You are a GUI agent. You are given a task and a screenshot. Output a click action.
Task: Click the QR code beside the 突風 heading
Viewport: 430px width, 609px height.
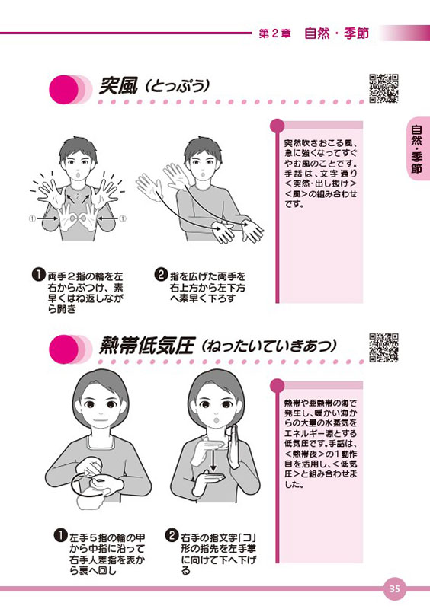click(x=383, y=88)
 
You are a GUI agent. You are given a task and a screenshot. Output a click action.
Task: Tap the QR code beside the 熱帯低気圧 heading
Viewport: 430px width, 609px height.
click(x=383, y=348)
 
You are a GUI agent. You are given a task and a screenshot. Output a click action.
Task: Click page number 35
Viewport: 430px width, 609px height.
click(x=395, y=588)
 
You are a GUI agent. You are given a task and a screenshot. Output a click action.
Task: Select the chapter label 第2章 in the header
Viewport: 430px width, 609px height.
click(x=274, y=33)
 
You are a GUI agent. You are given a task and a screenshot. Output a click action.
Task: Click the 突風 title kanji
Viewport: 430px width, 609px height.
click(x=118, y=85)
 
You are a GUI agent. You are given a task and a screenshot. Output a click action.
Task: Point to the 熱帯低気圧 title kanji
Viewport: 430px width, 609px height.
click(x=146, y=346)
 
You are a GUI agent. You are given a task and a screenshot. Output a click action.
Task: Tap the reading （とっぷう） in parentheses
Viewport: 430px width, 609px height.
click(x=177, y=86)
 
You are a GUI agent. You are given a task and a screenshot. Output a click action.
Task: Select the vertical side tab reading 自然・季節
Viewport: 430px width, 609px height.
click(x=416, y=148)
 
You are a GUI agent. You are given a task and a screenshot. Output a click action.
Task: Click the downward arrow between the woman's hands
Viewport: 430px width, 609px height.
click(x=213, y=460)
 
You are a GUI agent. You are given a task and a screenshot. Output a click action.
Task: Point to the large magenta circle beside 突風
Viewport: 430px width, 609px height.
click(x=64, y=89)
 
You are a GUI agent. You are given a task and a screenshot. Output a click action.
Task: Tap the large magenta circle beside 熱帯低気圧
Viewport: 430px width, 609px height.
click(x=64, y=349)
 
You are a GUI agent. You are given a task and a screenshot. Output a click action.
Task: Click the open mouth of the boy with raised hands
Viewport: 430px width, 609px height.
click(x=79, y=175)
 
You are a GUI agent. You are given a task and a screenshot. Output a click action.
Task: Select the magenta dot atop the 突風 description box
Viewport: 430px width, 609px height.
click(x=277, y=125)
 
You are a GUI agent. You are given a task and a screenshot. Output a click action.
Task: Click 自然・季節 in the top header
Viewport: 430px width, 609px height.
click(x=336, y=33)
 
